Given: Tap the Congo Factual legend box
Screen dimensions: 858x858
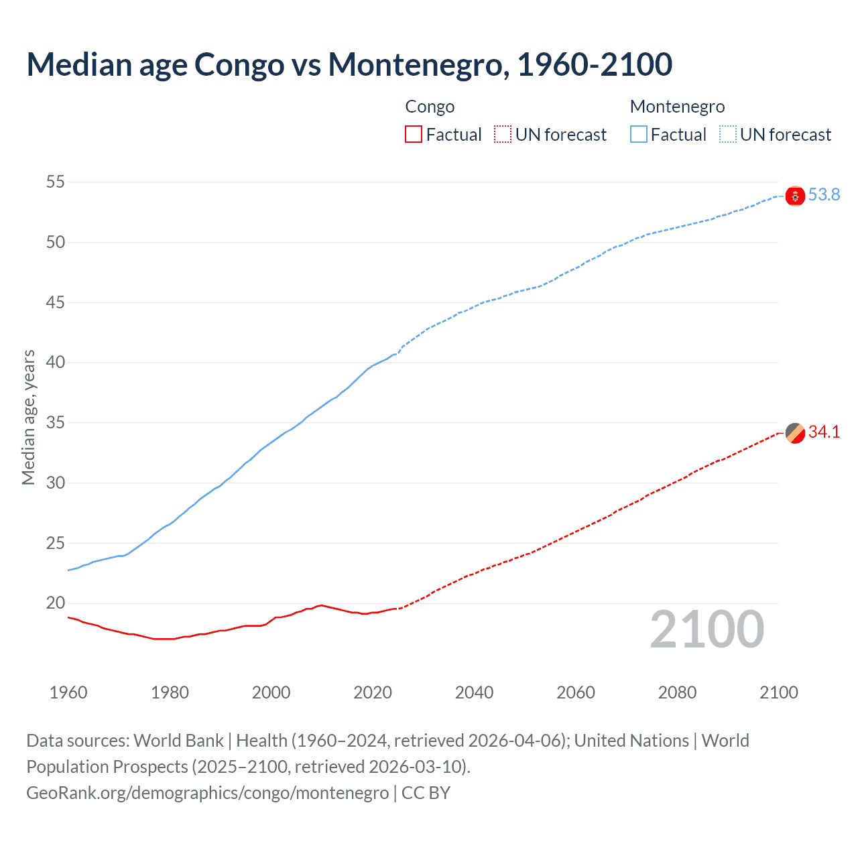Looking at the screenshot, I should [414, 135].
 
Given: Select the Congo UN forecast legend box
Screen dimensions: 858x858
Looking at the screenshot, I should [503, 135].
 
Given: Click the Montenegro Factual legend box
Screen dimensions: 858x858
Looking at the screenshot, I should [639, 135].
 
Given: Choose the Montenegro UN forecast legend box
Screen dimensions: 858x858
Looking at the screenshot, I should [728, 135].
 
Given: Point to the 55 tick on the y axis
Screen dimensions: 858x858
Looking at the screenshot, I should [56, 182].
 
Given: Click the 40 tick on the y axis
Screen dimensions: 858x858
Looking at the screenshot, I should [56, 363].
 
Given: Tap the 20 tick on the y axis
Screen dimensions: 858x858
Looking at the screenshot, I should [56, 603].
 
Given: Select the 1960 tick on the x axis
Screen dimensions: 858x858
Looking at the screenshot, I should [68, 692].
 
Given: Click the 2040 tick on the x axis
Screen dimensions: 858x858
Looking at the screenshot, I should [474, 692].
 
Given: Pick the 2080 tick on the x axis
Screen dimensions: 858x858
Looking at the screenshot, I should [677, 692].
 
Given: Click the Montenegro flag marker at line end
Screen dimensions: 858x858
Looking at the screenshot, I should [795, 196].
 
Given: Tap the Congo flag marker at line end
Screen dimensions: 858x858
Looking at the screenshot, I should [795, 433].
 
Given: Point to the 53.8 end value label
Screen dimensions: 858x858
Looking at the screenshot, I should [824, 195].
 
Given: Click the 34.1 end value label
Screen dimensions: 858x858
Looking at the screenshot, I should [824, 432].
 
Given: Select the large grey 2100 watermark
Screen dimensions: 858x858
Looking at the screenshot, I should [707, 629].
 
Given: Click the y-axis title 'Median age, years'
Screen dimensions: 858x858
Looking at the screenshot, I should [28, 417].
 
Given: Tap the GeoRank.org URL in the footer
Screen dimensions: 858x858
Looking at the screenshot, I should [207, 793].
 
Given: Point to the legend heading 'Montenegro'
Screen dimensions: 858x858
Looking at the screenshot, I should [677, 107].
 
